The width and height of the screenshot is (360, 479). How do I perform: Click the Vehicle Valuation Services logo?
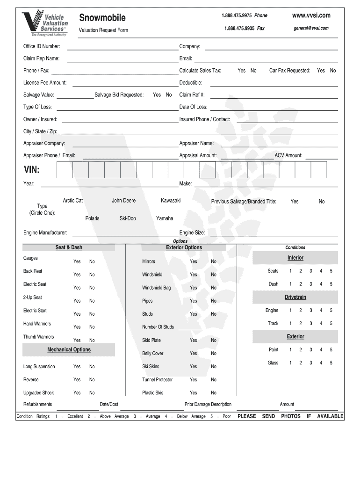point(45,23)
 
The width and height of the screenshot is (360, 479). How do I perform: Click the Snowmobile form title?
point(102,18)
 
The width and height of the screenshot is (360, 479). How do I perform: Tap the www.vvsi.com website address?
point(311,15)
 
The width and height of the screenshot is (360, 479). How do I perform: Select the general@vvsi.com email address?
point(311,28)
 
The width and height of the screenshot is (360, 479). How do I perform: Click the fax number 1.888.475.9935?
point(239,28)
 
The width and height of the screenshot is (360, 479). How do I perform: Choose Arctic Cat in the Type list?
point(73,201)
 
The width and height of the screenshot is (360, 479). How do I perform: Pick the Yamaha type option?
point(165,218)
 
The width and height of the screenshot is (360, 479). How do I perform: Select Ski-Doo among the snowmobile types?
point(128,218)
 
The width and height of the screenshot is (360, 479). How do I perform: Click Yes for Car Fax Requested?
point(321,71)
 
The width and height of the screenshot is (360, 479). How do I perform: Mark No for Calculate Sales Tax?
point(253,71)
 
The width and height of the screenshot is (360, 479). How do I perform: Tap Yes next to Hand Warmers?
point(77,327)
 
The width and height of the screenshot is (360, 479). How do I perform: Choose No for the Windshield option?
point(214,275)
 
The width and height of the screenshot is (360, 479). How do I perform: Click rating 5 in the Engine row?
point(331,310)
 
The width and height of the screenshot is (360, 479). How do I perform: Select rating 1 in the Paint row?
point(290,349)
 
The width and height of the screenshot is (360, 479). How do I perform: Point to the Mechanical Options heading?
point(69,349)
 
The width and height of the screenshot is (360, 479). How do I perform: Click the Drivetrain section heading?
point(295,297)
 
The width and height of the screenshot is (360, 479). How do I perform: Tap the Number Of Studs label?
point(158,327)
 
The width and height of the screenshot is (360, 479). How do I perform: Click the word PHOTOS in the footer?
point(291,416)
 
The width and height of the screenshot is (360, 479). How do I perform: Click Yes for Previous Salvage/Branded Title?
point(295,202)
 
